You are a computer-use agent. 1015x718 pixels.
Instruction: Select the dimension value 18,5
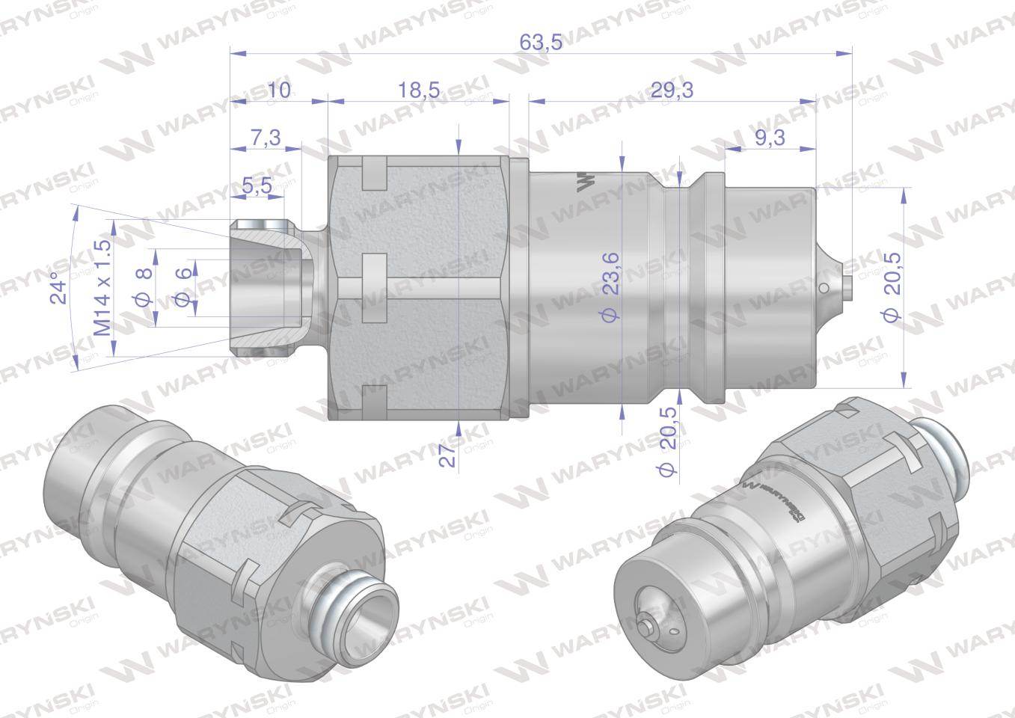pos(419,90)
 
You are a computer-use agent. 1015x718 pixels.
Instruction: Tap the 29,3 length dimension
pos(672,90)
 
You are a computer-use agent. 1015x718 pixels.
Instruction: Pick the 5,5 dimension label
pos(257,185)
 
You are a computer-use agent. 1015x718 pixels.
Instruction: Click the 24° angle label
pos(59,287)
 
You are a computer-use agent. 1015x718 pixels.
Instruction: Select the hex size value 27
pos(447,455)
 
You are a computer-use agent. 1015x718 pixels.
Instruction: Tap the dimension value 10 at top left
pos(278,90)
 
